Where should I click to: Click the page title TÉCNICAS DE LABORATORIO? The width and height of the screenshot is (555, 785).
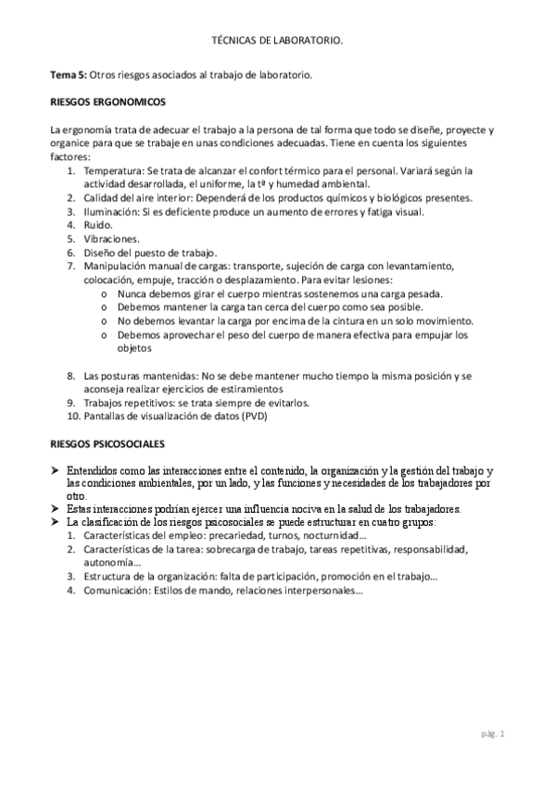click(277, 42)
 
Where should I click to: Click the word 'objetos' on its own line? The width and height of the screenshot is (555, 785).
click(136, 349)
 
